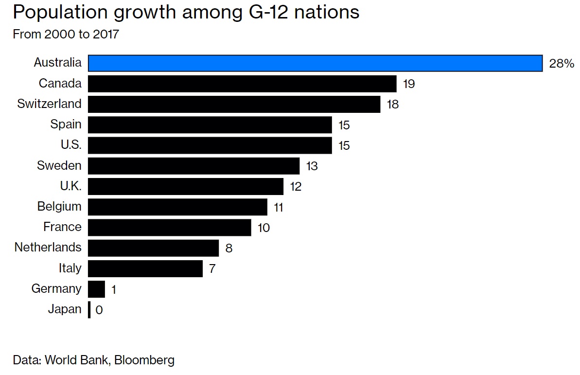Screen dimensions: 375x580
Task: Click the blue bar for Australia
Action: [315, 63]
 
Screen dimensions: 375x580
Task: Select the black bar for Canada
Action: [242, 84]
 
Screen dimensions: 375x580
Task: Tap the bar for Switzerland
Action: [234, 104]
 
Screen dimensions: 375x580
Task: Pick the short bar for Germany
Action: [96, 289]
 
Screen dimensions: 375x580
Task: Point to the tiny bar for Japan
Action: [89, 309]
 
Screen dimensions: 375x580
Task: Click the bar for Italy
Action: [145, 268]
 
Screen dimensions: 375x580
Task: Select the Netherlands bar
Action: [153, 248]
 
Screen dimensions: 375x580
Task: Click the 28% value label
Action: [562, 64]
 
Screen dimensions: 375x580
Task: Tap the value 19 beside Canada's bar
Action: [409, 84]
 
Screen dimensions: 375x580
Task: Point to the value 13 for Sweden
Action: [312, 166]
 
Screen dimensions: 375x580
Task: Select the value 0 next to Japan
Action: [99, 310]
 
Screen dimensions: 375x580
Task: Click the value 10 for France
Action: [264, 228]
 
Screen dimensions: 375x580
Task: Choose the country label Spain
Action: [66, 125]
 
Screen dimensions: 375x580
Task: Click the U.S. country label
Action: [71, 145]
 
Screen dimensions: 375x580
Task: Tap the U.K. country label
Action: [71, 186]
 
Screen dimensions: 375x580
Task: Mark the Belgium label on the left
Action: [59, 206]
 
